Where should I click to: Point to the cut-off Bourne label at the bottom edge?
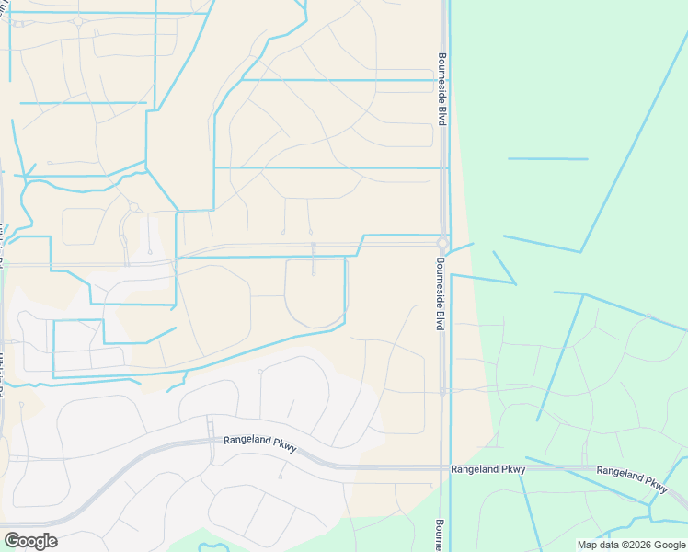pos(440,536)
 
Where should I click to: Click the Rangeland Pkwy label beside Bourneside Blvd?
pos(487,469)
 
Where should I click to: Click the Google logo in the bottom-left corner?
pos(30,541)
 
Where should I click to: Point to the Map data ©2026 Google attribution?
pos(631,545)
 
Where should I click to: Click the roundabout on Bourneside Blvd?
pos(442,244)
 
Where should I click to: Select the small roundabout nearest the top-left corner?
pos(78,21)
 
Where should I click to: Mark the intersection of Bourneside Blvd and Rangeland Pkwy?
pos(443,467)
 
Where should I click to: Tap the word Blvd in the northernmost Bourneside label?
pos(441,113)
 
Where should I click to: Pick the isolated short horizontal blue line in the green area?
pos(547,159)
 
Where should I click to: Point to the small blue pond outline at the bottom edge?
pos(213,547)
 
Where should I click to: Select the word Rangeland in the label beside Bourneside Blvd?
pos(475,469)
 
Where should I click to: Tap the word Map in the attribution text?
pos(587,545)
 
